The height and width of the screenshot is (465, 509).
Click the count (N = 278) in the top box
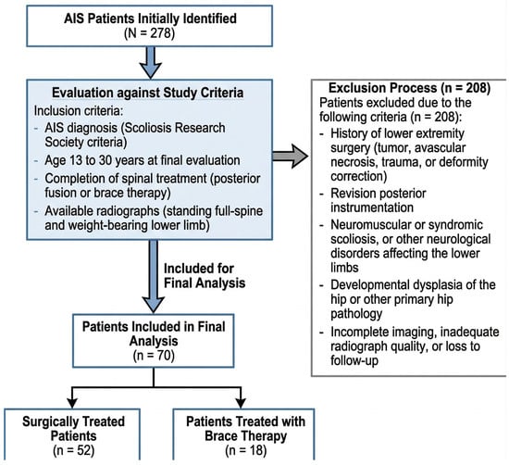pos(150,33)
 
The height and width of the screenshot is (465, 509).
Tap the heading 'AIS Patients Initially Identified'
pos(150,19)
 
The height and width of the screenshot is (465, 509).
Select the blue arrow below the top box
pos(150,62)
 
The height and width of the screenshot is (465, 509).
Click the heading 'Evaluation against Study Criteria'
pos(148,93)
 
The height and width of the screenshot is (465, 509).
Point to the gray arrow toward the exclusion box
pos(291,156)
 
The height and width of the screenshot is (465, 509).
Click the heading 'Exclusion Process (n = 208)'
pos(409,88)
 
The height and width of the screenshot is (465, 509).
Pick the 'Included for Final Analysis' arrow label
pos(205,275)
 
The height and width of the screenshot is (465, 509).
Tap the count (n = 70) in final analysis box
pos(154,356)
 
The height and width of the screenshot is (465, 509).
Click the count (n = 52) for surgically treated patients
pos(73,450)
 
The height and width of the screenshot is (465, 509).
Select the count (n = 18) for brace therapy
pos(246,450)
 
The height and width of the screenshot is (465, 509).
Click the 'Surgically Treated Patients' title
pos(73,429)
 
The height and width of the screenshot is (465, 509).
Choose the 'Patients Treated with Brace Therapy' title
pos(246,429)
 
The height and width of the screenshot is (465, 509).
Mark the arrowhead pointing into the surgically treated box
pos(72,403)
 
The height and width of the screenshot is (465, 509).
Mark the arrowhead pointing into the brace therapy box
pos(241,403)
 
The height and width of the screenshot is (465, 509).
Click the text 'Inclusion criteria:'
pos(79,111)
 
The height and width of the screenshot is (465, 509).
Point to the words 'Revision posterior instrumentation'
pos(379,200)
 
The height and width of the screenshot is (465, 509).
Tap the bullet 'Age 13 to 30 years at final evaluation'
pos(143,160)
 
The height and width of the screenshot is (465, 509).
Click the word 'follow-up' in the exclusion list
pos(354,360)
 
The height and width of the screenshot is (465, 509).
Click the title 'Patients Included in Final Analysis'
pos(154,333)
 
